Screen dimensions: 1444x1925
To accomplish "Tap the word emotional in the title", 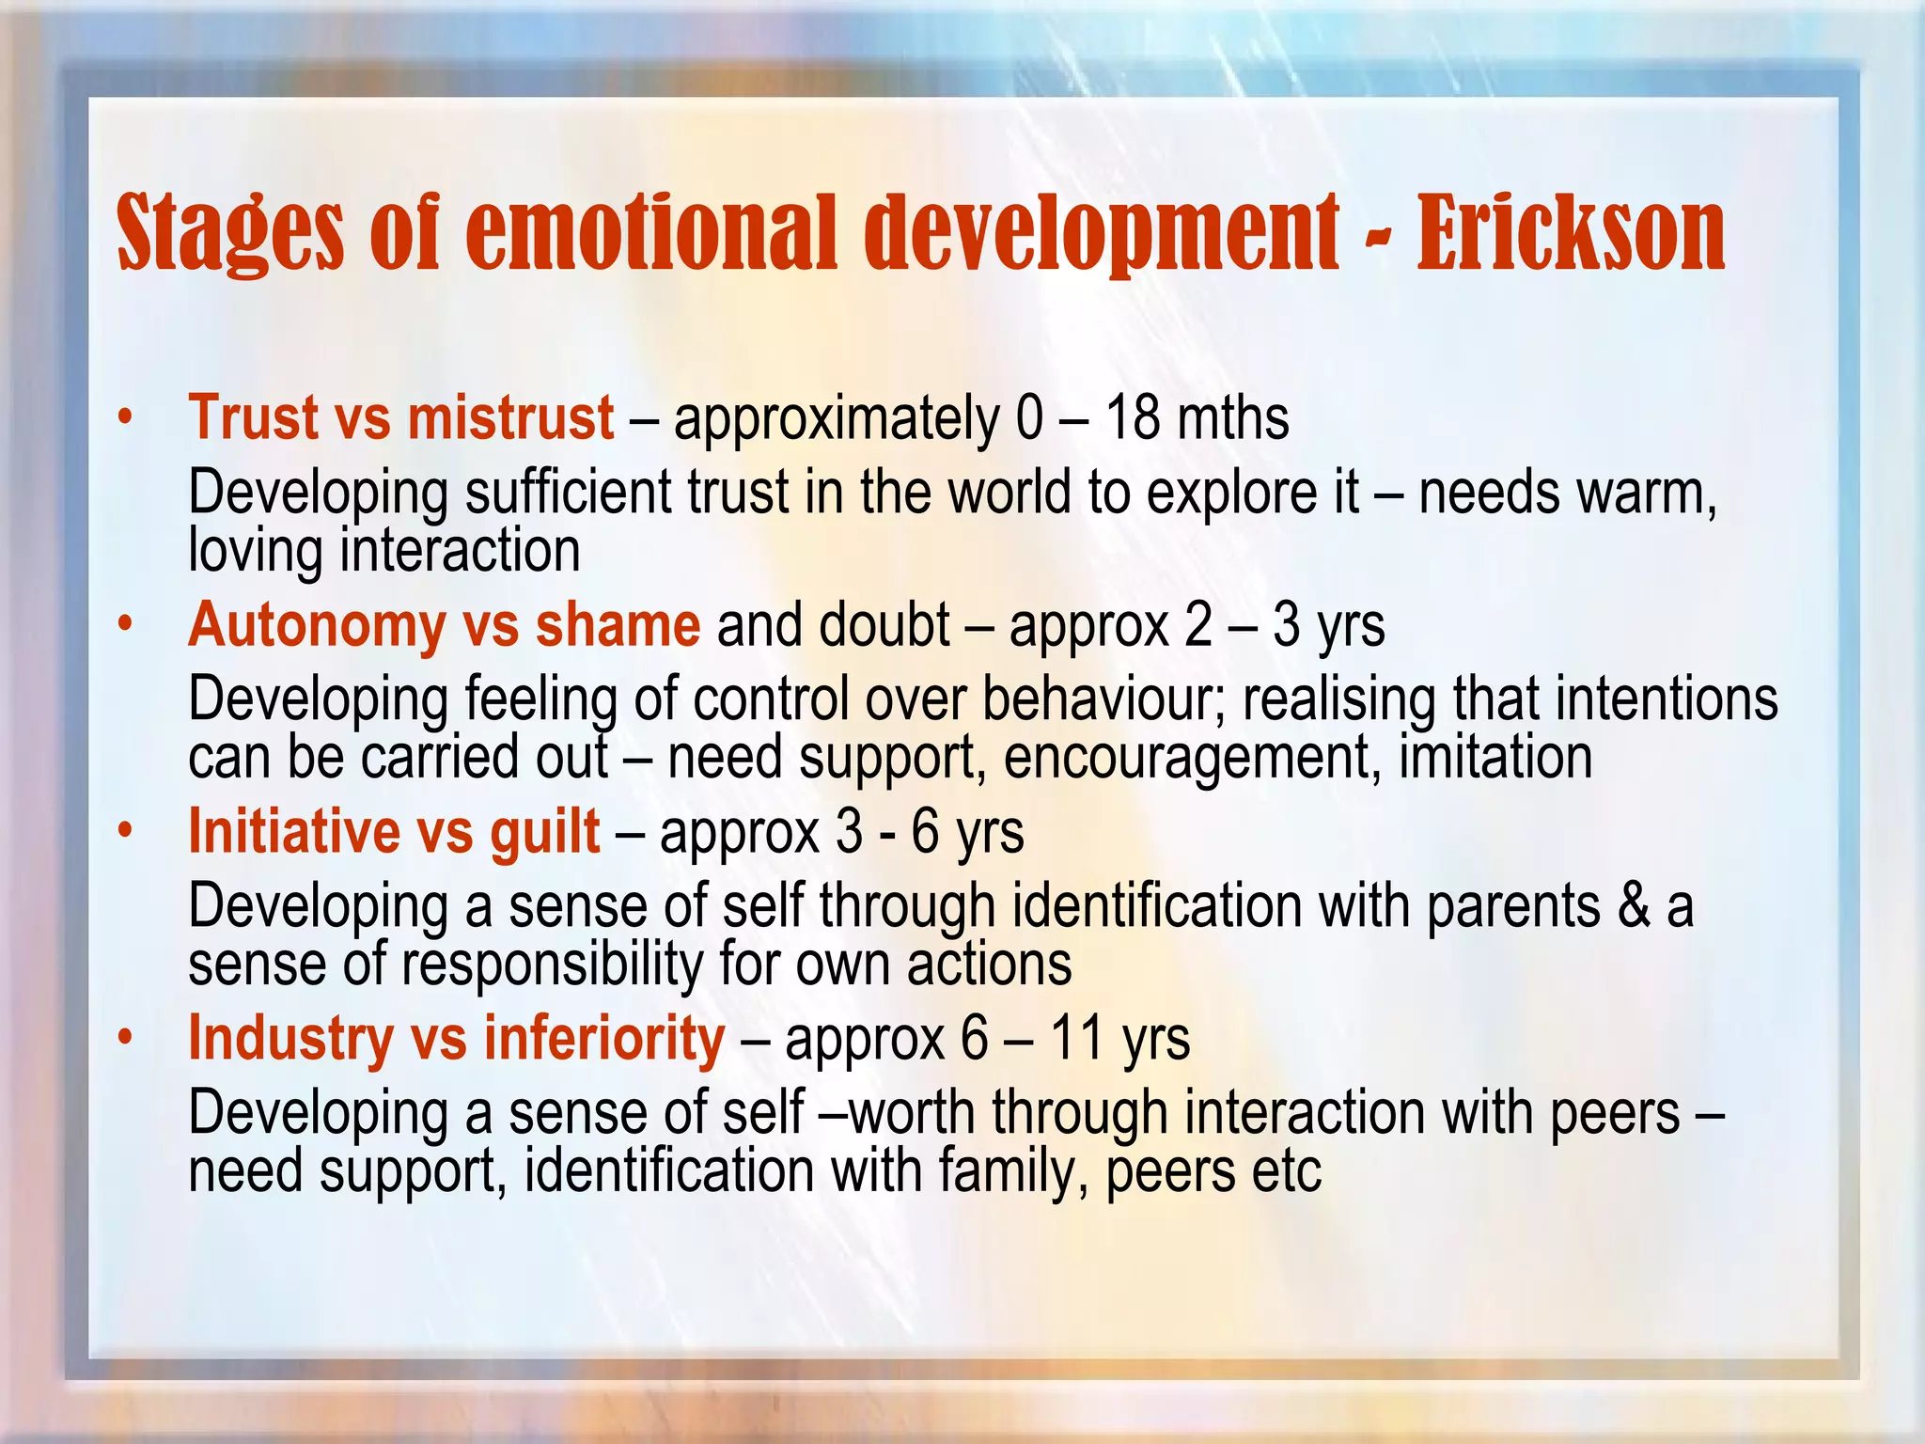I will click(650, 232).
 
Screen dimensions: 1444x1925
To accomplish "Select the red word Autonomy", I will click(316, 626).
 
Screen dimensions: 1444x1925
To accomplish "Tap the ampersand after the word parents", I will click(1635, 905).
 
